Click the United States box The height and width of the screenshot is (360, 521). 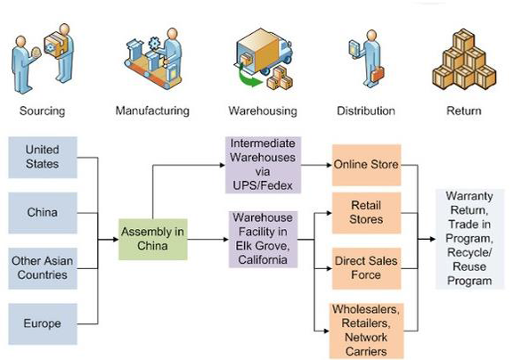(43, 157)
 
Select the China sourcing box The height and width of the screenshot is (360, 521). (43, 213)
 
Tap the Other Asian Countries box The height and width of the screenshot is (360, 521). (43, 268)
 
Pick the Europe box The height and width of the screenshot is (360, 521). (43, 323)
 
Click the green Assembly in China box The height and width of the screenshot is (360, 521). (153, 239)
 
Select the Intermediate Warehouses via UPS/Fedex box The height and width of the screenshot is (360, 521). (263, 165)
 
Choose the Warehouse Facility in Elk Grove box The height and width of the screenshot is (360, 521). (263, 239)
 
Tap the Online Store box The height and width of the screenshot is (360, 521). (367, 165)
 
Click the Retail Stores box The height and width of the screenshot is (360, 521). (367, 213)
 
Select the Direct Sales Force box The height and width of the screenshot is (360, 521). (367, 268)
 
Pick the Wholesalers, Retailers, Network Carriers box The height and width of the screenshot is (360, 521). (367, 331)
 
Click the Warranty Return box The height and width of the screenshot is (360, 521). (470, 239)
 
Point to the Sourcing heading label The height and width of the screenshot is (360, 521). (42, 110)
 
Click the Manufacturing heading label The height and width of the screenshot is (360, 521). (152, 110)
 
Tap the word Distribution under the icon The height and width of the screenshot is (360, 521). (366, 110)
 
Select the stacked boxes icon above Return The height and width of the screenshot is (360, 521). (464, 60)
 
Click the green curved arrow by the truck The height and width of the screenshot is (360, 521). (248, 78)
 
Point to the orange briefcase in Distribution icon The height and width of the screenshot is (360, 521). (378, 74)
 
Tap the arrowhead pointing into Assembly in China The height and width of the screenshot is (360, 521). (116, 240)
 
